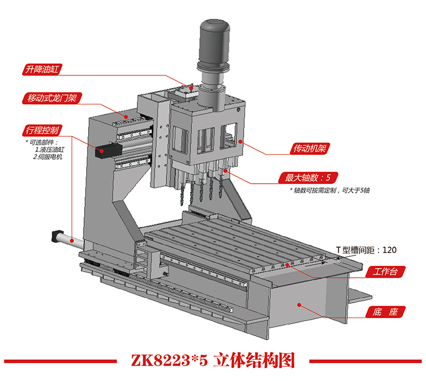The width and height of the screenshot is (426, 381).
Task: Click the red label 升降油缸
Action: [x=42, y=69]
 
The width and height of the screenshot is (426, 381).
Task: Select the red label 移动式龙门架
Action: [x=52, y=98]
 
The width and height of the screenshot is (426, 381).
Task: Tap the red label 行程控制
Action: [x=42, y=130]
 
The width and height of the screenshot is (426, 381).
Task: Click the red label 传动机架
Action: [x=310, y=149]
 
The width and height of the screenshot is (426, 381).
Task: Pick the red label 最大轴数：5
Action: [x=308, y=177]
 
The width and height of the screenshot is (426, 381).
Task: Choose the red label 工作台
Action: [x=385, y=272]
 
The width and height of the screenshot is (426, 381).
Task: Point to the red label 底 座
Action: [x=385, y=312]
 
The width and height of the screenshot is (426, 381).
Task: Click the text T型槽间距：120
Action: [x=366, y=250]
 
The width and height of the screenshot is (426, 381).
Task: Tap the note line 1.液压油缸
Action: [x=50, y=150]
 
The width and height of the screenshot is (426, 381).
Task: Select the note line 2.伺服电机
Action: [x=48, y=156]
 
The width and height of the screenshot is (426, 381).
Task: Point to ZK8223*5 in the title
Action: [x=169, y=361]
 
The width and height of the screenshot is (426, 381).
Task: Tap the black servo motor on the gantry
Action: [x=108, y=150]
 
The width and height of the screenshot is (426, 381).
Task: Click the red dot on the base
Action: [x=299, y=305]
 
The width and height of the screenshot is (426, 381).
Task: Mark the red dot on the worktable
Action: [x=287, y=264]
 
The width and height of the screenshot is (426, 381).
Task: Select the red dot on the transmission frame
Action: [x=240, y=141]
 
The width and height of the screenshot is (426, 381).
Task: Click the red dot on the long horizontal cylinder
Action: [x=72, y=240]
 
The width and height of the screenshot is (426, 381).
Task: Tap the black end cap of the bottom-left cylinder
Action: [x=56, y=236]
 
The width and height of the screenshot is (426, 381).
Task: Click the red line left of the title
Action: [x=60, y=361]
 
